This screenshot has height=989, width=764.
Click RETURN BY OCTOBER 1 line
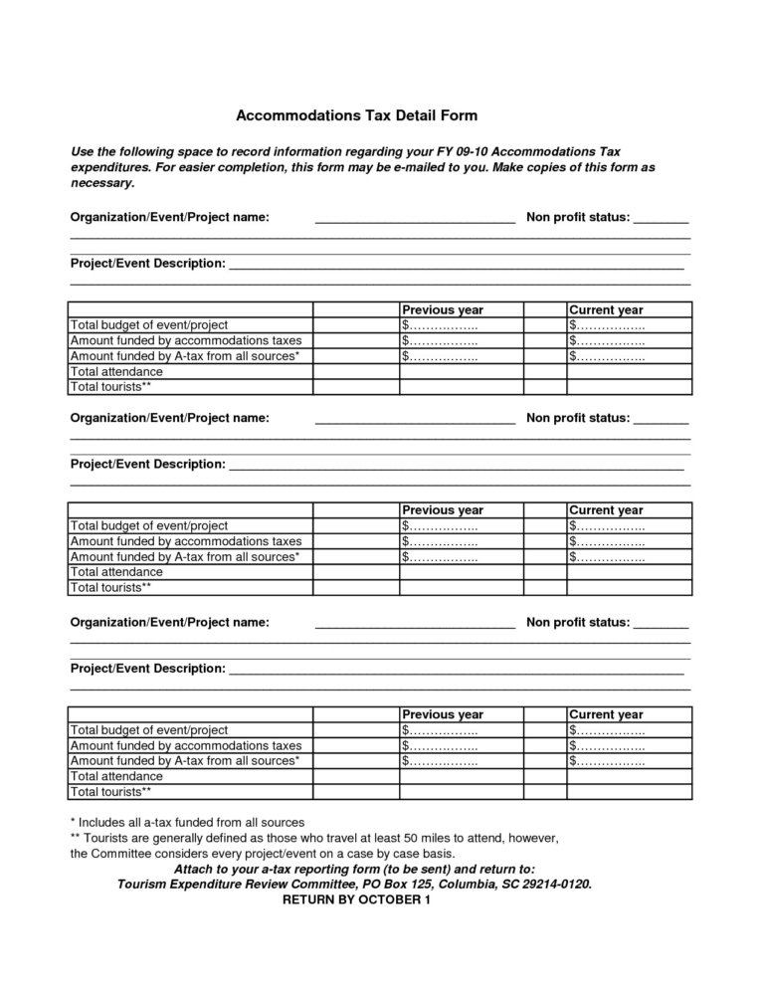pyautogui.click(x=357, y=900)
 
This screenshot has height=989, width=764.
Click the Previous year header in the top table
pyautogui.click(x=443, y=309)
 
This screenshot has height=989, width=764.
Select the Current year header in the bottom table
pyautogui.click(x=606, y=714)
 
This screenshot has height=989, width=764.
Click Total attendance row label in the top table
pyautogui.click(x=116, y=371)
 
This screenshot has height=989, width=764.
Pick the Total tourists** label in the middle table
pyautogui.click(x=110, y=587)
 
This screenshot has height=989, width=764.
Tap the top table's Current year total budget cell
pyautogui.click(x=606, y=325)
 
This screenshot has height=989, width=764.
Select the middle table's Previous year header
pyautogui.click(x=443, y=510)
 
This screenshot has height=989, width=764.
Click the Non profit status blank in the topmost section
pyautogui.click(x=661, y=218)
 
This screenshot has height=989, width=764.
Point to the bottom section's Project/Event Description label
pyautogui.click(x=147, y=669)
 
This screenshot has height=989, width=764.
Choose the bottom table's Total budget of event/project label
pyautogui.click(x=149, y=729)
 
